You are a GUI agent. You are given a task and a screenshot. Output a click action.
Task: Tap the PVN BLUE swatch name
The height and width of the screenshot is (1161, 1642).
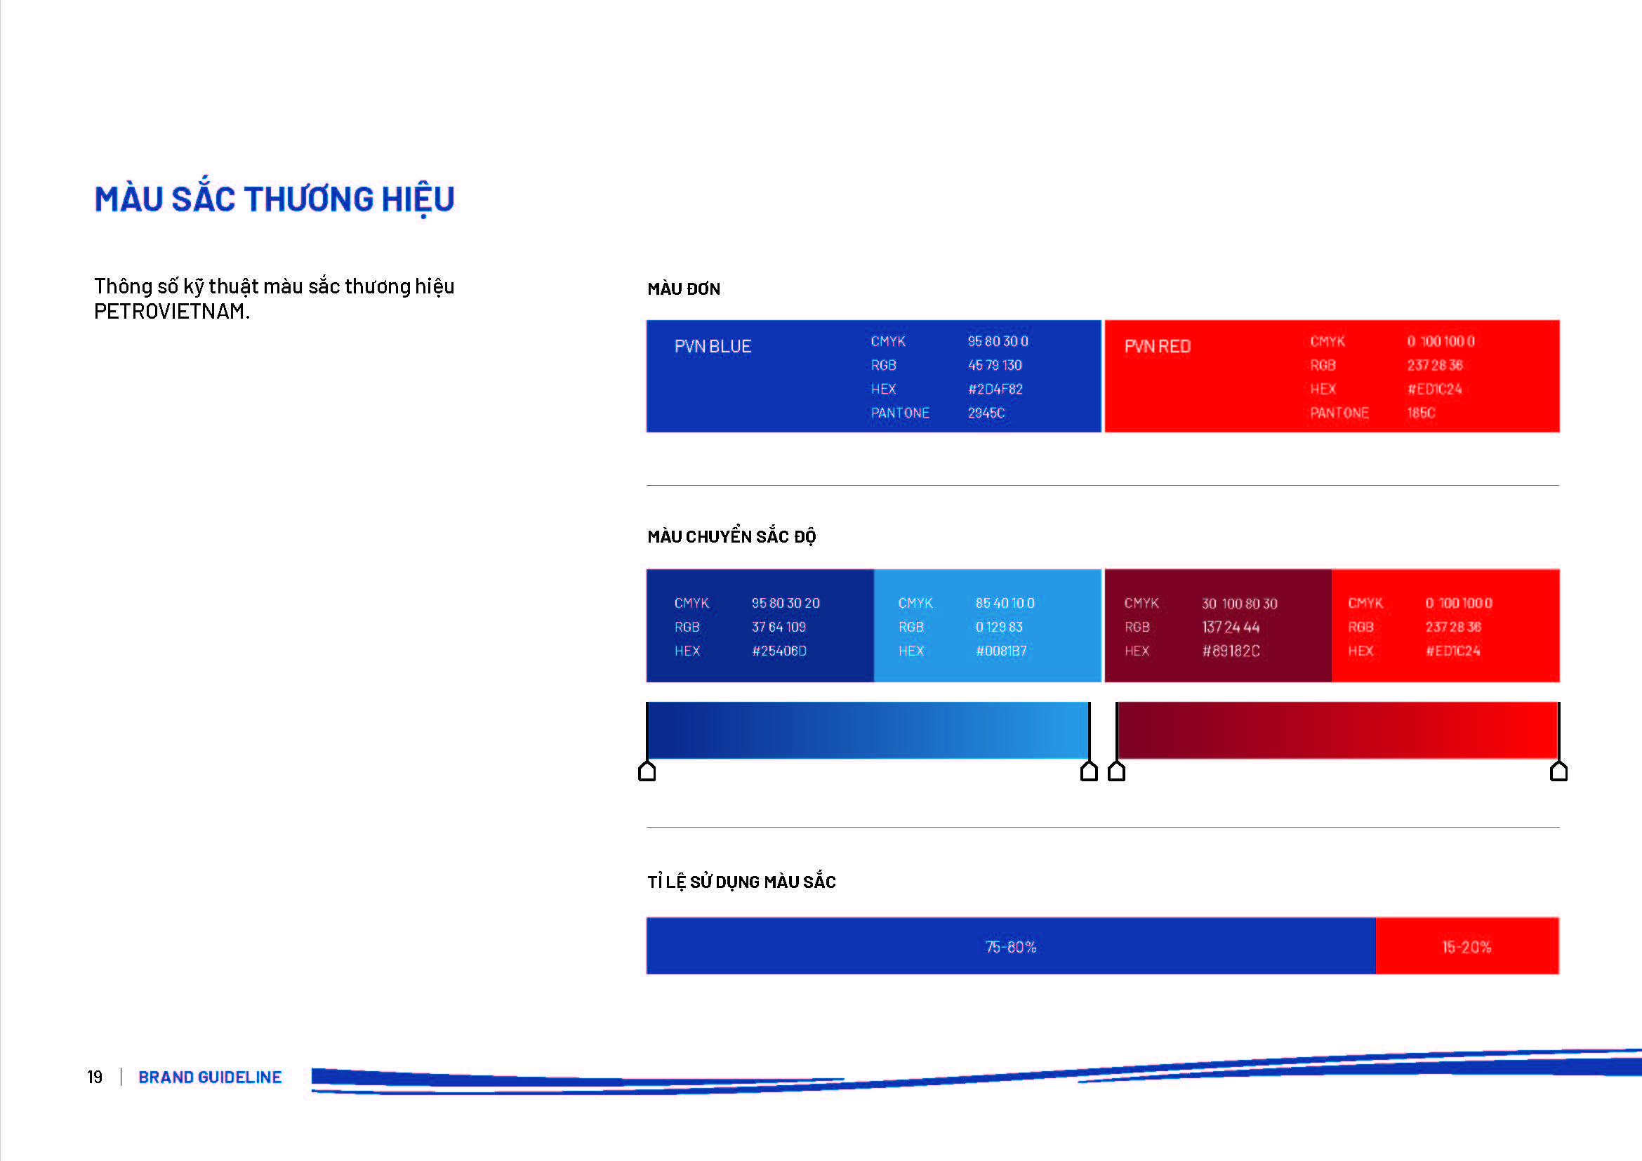pos(713,347)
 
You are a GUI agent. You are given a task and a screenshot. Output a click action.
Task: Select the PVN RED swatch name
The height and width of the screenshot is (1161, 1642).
pos(1157,347)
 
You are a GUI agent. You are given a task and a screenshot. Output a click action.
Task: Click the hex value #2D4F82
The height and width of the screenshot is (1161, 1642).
pos(995,389)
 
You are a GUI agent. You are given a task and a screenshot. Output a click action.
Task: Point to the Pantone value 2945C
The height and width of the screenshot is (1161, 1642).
pos(986,413)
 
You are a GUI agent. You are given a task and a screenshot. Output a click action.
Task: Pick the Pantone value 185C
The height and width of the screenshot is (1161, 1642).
pos(1421,413)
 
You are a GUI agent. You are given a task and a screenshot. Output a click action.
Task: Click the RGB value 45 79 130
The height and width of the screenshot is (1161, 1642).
pos(995,365)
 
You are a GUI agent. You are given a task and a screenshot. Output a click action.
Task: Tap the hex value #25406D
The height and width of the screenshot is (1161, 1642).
pos(779,651)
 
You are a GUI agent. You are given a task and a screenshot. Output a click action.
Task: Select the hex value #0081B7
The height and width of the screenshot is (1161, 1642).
pos(1001,651)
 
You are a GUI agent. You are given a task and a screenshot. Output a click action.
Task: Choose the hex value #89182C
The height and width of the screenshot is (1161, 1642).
pos(1231,651)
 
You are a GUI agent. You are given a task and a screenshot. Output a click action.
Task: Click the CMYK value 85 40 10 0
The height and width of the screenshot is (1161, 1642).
pos(1005,604)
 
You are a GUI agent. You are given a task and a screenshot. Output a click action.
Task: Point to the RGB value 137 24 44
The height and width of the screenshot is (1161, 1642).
pos(1230,627)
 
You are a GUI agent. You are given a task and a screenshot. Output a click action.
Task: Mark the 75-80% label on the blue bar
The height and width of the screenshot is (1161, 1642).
pos(1010,946)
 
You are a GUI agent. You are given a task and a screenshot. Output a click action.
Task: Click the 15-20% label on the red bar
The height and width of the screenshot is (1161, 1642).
pos(1466,946)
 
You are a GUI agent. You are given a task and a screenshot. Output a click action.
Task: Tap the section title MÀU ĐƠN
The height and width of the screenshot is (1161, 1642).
pos(684,288)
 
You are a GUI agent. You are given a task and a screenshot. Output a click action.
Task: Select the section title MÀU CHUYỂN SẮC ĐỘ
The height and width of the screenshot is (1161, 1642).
pos(731,536)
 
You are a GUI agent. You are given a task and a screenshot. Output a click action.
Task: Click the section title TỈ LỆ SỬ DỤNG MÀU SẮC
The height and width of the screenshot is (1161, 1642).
pos(741,882)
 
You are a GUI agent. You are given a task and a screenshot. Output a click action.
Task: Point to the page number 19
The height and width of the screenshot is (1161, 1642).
pos(94,1077)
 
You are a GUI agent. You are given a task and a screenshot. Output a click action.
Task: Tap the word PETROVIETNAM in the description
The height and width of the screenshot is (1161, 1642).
pos(169,312)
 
